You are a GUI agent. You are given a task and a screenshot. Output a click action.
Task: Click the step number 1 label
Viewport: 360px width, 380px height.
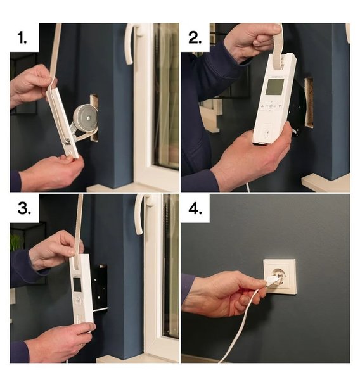click(x=22, y=38)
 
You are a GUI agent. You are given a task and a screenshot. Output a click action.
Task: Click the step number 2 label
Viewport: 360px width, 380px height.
click(x=195, y=38)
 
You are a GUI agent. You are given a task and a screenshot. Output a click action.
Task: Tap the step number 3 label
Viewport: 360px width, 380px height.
click(x=24, y=208)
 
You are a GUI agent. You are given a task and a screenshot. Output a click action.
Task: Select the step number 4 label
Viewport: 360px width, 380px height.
click(x=195, y=208)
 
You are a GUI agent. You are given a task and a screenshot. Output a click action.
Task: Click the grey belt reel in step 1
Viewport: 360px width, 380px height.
click(x=86, y=118)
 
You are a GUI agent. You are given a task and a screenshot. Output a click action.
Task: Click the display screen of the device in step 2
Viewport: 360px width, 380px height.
click(x=274, y=87)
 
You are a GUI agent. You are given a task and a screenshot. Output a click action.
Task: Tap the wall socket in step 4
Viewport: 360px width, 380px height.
click(x=280, y=277)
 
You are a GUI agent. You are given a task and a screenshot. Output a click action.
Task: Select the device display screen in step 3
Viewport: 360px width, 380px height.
click(x=77, y=284)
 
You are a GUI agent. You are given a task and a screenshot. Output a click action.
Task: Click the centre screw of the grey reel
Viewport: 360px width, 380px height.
click(x=88, y=118)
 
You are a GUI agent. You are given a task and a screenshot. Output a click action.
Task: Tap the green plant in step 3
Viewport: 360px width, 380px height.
click(x=15, y=243)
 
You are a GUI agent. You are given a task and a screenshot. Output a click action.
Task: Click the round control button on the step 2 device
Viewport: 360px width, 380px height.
click(x=271, y=106)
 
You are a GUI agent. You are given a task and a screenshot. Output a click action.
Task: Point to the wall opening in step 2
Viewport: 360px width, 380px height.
click(x=309, y=102)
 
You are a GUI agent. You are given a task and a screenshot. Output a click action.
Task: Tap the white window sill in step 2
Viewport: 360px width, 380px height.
click(x=326, y=182)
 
